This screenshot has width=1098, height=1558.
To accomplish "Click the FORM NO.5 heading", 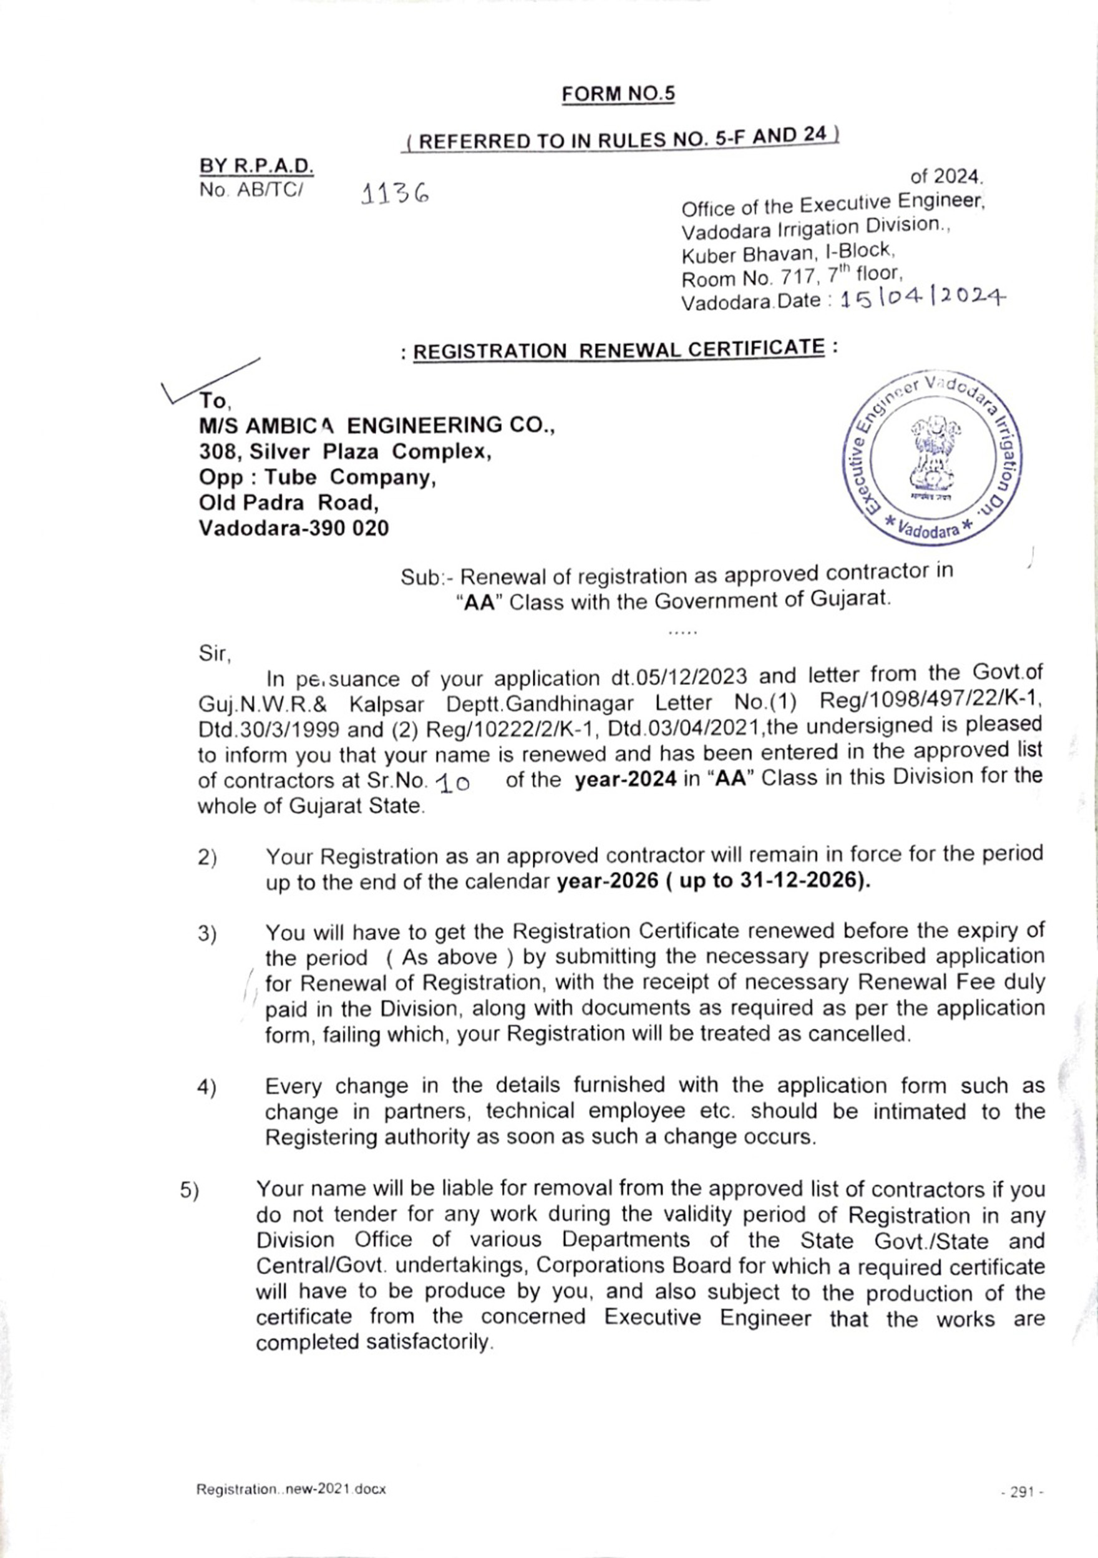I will click(618, 94).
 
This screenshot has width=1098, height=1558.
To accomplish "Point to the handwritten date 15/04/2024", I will click(921, 298).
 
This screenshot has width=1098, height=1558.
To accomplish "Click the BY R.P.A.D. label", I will click(256, 165).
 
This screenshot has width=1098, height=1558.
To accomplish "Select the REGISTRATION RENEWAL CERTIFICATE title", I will click(619, 350).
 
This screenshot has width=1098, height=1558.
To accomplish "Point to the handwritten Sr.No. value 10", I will click(453, 785).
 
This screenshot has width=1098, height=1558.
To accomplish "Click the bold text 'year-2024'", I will click(625, 779).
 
